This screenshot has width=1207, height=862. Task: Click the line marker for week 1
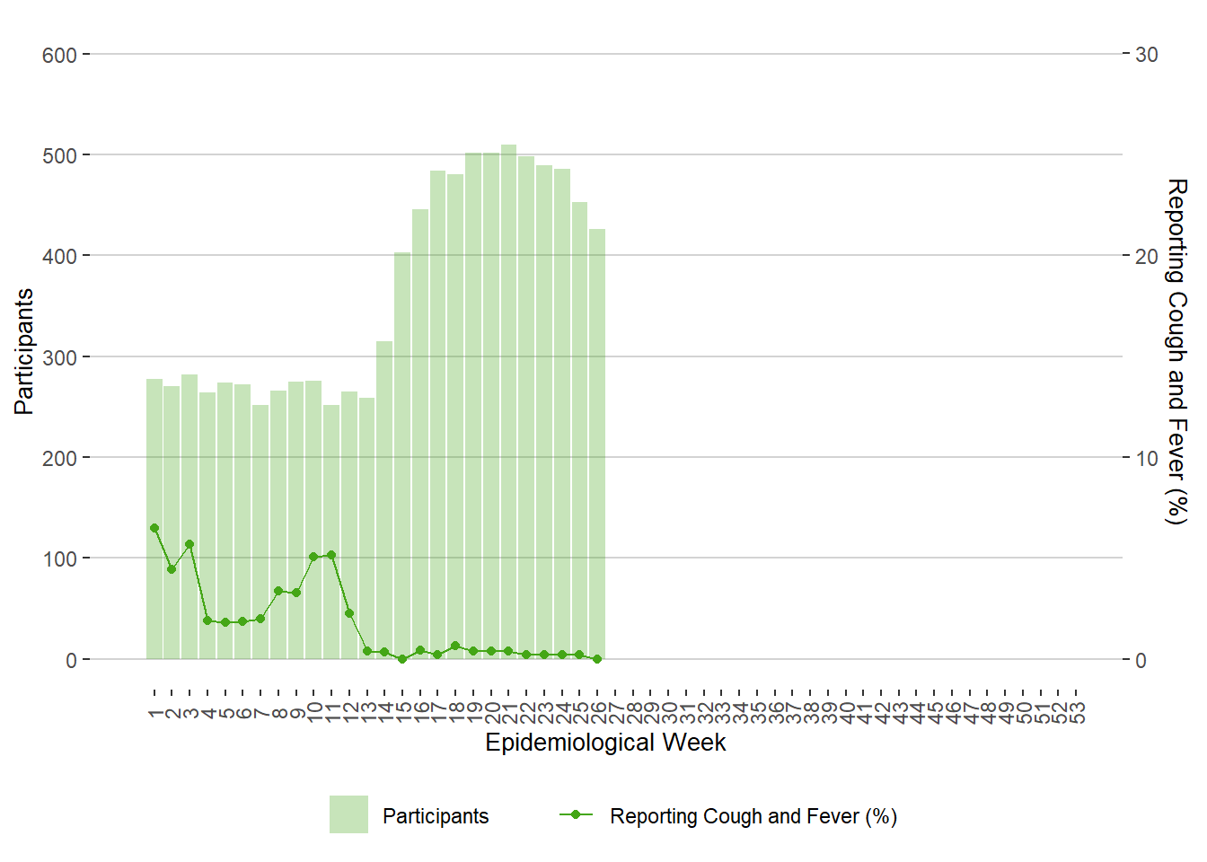coord(154,528)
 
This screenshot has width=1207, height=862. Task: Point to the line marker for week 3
coord(189,544)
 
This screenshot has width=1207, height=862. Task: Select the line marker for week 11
coord(331,555)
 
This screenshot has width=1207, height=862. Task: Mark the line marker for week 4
coord(207,620)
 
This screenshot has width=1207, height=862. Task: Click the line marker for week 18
coord(455,646)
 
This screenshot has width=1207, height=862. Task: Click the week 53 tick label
coord(1077,713)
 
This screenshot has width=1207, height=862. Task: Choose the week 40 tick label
coord(846,713)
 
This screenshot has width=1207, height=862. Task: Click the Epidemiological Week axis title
coord(605,743)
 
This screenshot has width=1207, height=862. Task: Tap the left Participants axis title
coord(24,351)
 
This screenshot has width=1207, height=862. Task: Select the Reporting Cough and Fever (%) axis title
coord(1176,351)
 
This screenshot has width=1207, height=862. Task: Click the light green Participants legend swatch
coord(348,814)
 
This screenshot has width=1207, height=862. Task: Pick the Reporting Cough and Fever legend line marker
coord(576,814)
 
